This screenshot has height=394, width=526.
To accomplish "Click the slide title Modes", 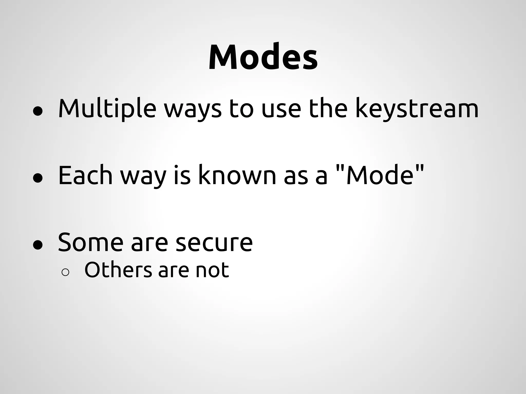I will (x=263, y=57).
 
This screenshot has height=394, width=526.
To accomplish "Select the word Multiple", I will (x=107, y=109).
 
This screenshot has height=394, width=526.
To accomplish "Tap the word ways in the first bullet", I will (x=192, y=110).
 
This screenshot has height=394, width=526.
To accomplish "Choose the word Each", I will (x=85, y=175).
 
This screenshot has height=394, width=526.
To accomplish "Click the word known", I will (x=237, y=175).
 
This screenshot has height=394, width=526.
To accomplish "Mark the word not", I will (x=212, y=270).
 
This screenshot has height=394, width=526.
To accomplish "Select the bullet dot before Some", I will (x=38, y=245).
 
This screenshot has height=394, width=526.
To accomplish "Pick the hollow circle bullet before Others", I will (x=65, y=273).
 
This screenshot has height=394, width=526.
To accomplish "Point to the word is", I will (x=182, y=175).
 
